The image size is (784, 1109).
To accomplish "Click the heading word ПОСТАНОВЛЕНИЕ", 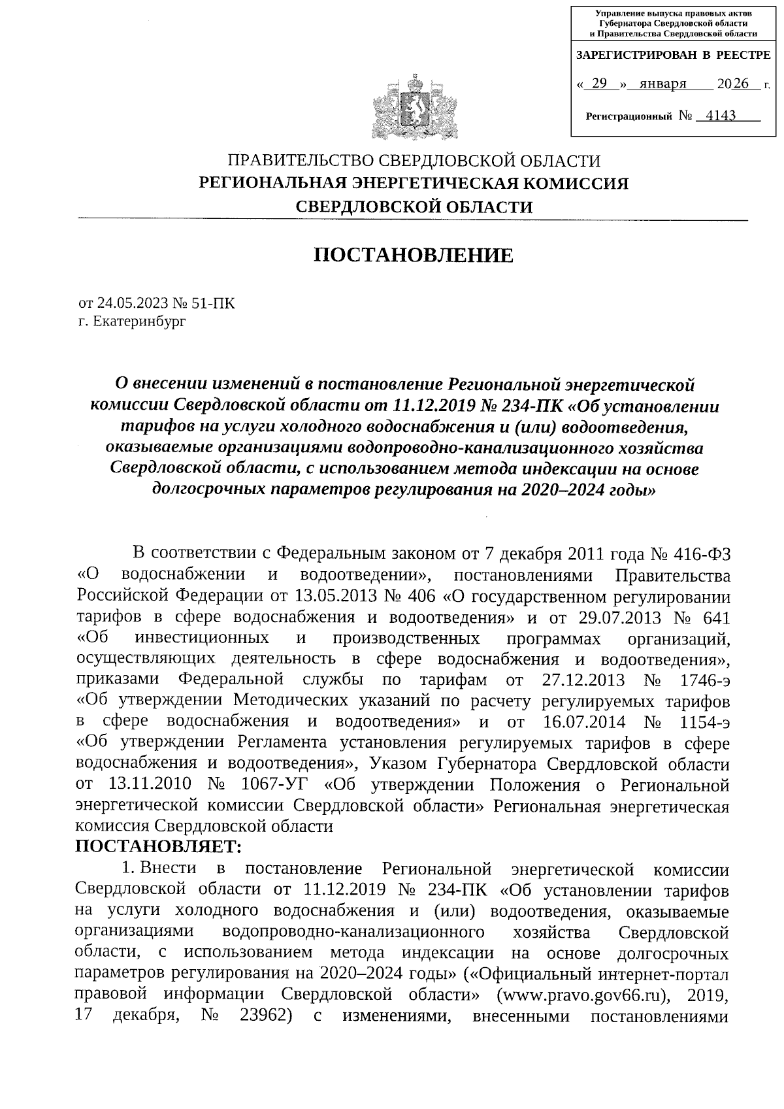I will point(414,256).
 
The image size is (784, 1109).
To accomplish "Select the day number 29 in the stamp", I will point(598,84).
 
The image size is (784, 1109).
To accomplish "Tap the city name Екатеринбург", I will point(139,322).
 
